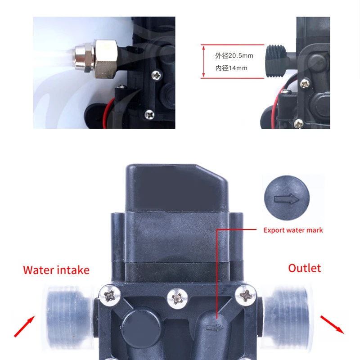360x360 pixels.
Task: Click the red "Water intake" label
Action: pyautogui.click(x=56, y=270)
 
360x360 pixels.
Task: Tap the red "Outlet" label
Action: pyautogui.click(x=305, y=268)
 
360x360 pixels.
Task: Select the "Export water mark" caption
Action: pyautogui.click(x=293, y=230)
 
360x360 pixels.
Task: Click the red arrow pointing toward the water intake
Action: pyautogui.click(x=24, y=327)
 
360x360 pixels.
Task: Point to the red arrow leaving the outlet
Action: pyautogui.click(x=332, y=324)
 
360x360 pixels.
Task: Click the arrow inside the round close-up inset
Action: pyautogui.click(x=287, y=199)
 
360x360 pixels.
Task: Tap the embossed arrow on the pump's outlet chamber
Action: pyautogui.click(x=215, y=328)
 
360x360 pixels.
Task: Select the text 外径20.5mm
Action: pyautogui.click(x=234, y=55)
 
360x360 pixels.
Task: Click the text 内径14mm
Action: pyautogui.click(x=231, y=68)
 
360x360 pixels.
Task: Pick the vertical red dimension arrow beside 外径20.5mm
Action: pyautogui.click(x=203, y=61)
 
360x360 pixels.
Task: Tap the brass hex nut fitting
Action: pyautogui.click(x=106, y=59)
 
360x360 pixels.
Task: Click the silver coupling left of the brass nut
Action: pyautogui.click(x=85, y=59)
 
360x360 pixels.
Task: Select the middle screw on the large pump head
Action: pyautogui.click(x=177, y=298)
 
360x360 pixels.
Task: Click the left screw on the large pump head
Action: pyautogui.click(x=110, y=296)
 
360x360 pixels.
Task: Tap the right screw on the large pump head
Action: pyautogui.click(x=245, y=295)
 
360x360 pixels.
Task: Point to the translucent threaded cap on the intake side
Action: pyautogui.click(x=69, y=317)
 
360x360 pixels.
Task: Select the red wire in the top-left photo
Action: pyautogui.click(x=108, y=113)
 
